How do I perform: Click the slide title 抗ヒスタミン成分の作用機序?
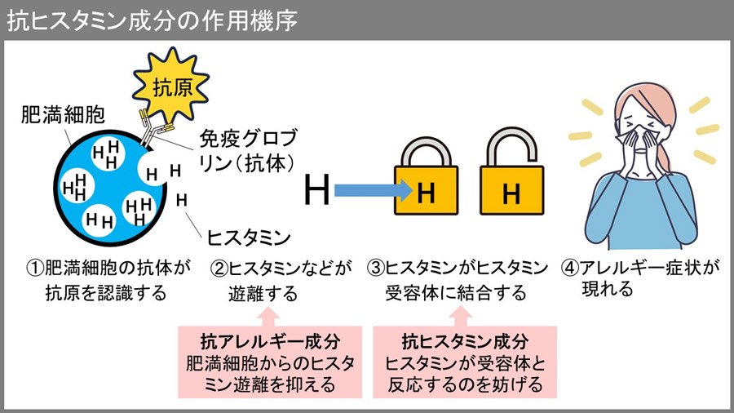[x=151, y=20]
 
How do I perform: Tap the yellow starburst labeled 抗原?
[x=161, y=82]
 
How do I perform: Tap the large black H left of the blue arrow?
[x=317, y=192]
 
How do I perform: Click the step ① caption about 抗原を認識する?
[x=106, y=279]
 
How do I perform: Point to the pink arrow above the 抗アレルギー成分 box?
[x=270, y=314]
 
